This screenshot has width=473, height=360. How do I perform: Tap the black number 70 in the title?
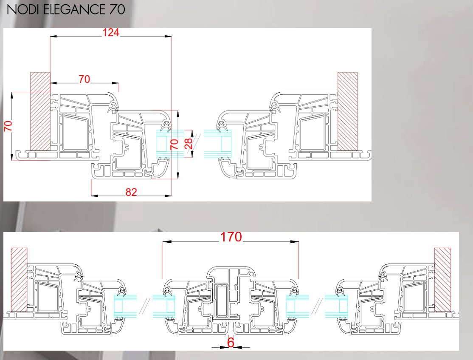(117, 9)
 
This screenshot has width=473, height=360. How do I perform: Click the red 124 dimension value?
(111, 32)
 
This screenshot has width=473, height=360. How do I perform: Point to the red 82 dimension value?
(131, 192)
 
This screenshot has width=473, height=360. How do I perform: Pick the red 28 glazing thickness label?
(189, 144)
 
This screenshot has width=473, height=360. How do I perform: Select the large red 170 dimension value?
(231, 237)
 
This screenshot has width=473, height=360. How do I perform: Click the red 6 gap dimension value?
(231, 343)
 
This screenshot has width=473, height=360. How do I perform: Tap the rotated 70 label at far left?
(8, 126)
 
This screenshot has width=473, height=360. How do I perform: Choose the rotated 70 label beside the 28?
(175, 144)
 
